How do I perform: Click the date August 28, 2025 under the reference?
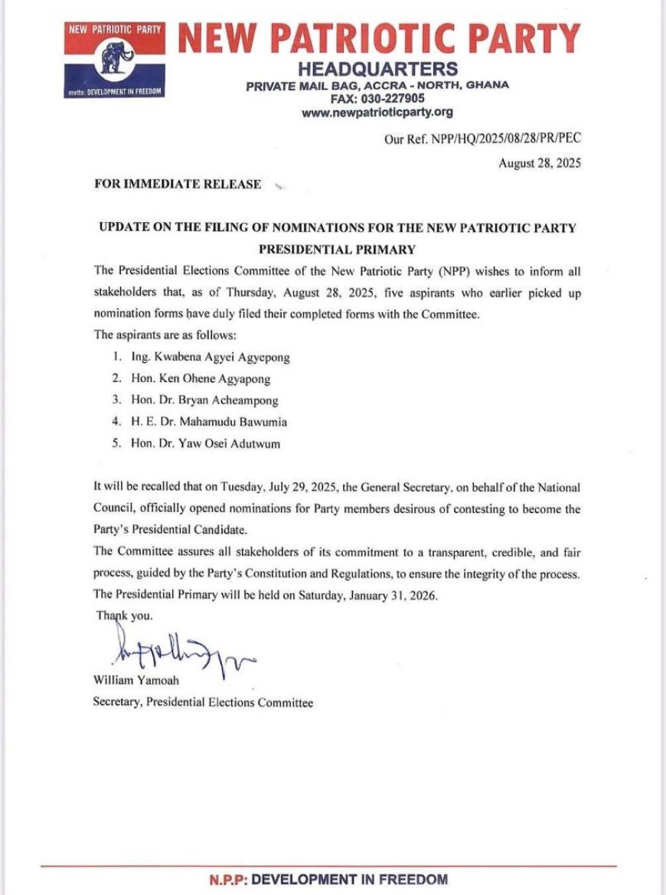(x=540, y=162)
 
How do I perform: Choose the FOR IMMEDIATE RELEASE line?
(x=178, y=185)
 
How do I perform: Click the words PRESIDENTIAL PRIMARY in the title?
(x=337, y=249)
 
